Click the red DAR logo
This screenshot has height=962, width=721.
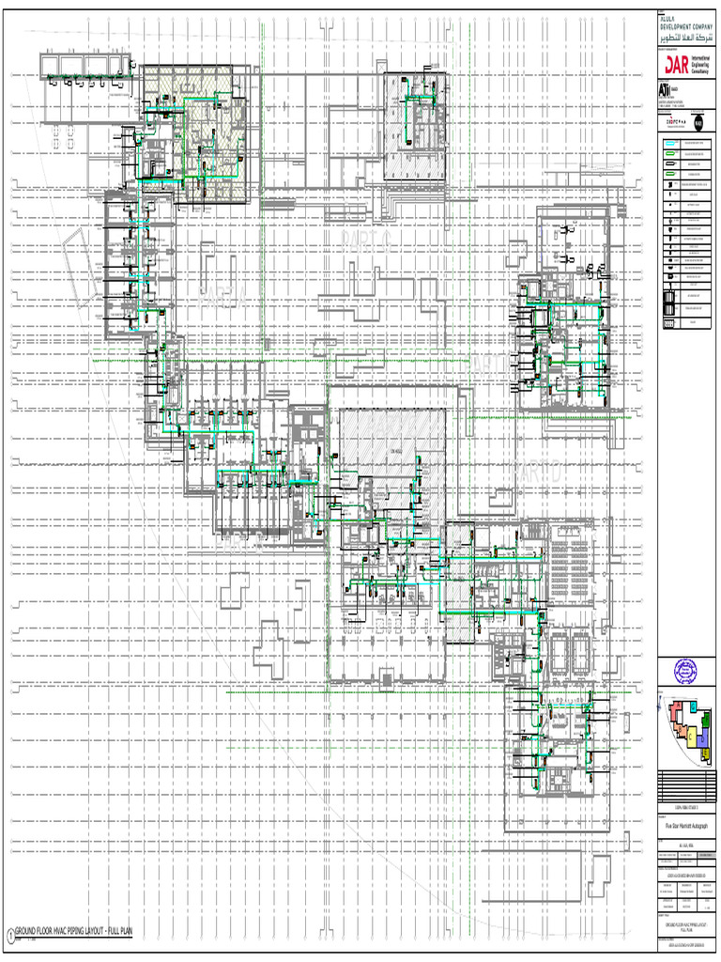[677, 64]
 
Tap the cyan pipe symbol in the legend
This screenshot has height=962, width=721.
[671, 145]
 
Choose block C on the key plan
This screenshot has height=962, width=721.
[691, 737]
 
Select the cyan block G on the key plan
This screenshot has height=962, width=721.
[694, 706]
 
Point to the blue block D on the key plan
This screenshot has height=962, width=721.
[703, 738]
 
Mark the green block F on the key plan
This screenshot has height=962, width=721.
[706, 721]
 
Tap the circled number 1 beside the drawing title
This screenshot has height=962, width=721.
[10, 934]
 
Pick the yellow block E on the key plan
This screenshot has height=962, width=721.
[705, 753]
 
